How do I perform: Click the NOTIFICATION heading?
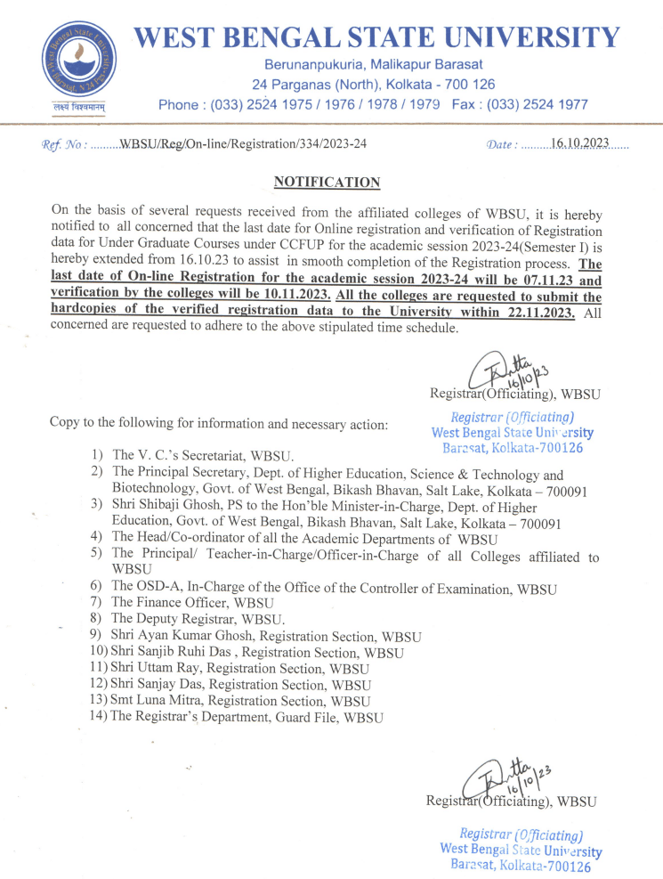point(327,183)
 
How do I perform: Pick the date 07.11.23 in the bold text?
point(535,279)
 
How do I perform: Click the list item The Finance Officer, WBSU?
point(180,602)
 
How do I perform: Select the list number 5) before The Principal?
point(97,554)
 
